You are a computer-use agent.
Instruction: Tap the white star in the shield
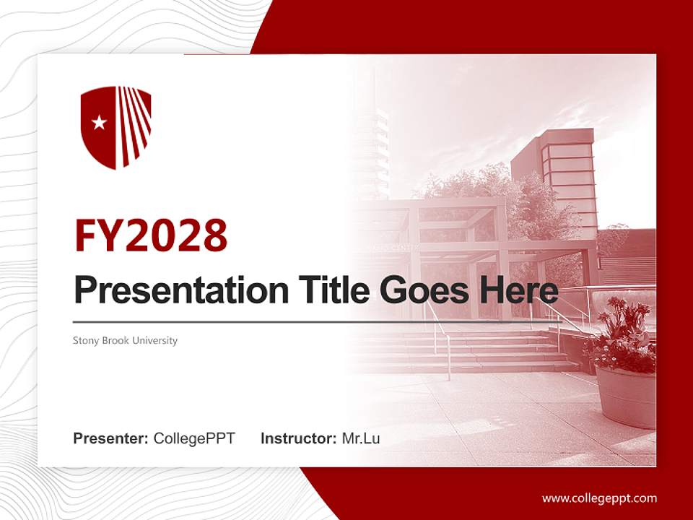tap(100, 123)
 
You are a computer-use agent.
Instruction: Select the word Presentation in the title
tap(171, 290)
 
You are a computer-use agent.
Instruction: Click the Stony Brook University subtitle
tap(125, 340)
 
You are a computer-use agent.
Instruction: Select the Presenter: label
tap(111, 438)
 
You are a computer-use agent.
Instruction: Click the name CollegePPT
tap(194, 438)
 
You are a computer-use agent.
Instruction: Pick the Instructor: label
tap(298, 438)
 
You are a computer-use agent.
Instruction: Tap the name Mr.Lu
tap(361, 438)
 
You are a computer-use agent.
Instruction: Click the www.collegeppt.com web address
tap(599, 498)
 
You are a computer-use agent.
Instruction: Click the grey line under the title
tap(289, 321)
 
